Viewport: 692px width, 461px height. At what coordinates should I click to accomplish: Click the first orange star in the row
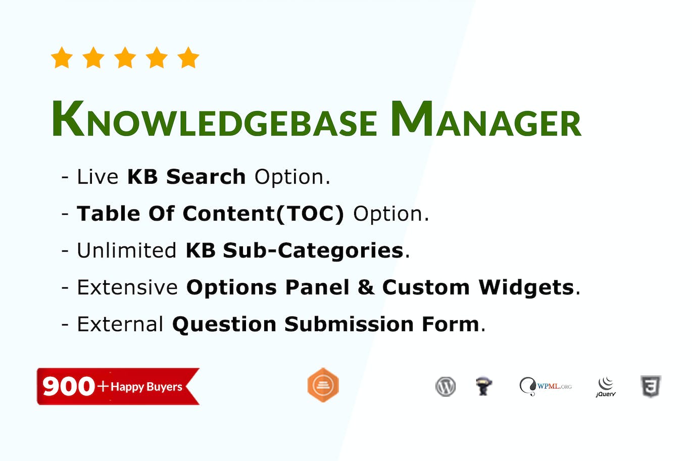point(62,58)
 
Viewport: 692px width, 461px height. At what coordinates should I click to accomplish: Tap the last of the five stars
point(188,58)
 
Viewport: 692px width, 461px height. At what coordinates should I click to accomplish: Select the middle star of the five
point(125,58)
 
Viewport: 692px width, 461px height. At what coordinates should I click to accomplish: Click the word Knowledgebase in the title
point(214,120)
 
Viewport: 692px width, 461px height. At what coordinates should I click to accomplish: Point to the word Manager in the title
point(486,120)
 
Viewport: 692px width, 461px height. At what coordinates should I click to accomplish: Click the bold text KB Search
point(186,177)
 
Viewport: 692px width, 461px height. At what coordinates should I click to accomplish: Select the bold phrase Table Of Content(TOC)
point(210,214)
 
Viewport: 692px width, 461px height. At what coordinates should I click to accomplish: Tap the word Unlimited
point(126,251)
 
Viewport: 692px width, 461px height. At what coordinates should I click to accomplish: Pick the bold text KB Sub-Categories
point(294,251)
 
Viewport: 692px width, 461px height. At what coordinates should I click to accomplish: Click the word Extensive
point(127,288)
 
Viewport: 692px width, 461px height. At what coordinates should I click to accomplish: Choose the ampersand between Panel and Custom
point(366,288)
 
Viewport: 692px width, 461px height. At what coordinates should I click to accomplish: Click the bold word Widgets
point(526,288)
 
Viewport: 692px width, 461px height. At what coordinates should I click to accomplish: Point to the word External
point(120,325)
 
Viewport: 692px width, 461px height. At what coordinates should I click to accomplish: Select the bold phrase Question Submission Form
point(326,325)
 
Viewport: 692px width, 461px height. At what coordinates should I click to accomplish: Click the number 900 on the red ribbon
point(69,387)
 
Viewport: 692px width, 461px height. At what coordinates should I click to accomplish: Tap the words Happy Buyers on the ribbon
point(146,387)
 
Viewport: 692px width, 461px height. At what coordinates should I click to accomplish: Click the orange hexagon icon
point(323,386)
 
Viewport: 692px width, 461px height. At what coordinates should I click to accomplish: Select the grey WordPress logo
point(446,387)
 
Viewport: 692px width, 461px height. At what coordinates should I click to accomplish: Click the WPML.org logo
point(546,387)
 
